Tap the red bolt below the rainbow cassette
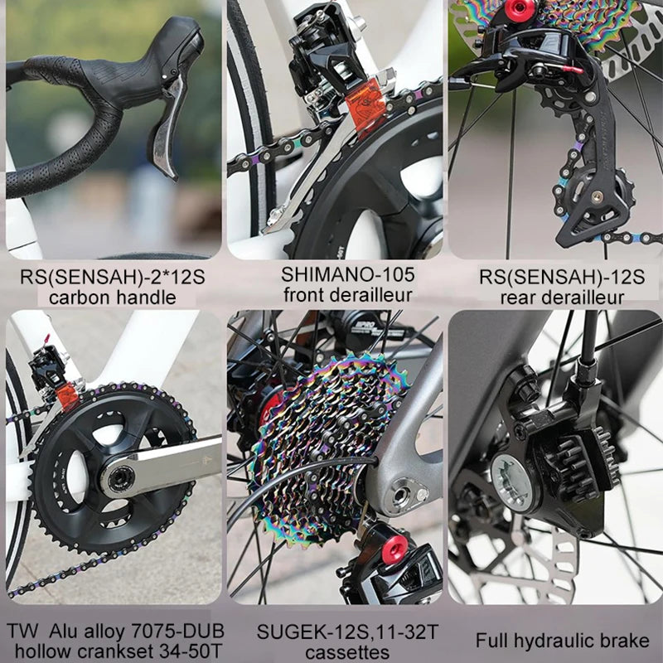[x=394, y=548]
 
